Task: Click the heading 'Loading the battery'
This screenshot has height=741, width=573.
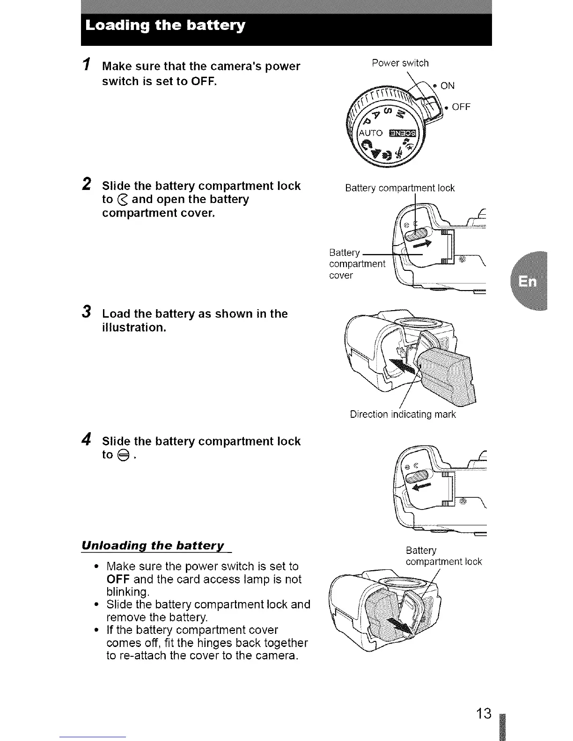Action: pos(165,25)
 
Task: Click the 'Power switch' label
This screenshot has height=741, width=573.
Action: pos(400,63)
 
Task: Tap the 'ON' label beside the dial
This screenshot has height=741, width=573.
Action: pos(448,86)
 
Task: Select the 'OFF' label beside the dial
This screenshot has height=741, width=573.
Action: pos(461,107)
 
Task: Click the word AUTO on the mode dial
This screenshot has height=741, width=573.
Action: pos(370,133)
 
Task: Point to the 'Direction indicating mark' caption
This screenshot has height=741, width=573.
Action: pos(403,414)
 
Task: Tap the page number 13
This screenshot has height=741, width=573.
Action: pos(484,713)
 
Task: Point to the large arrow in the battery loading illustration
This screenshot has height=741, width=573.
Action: pos(404,369)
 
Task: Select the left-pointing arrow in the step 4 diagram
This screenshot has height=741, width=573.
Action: pos(420,488)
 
